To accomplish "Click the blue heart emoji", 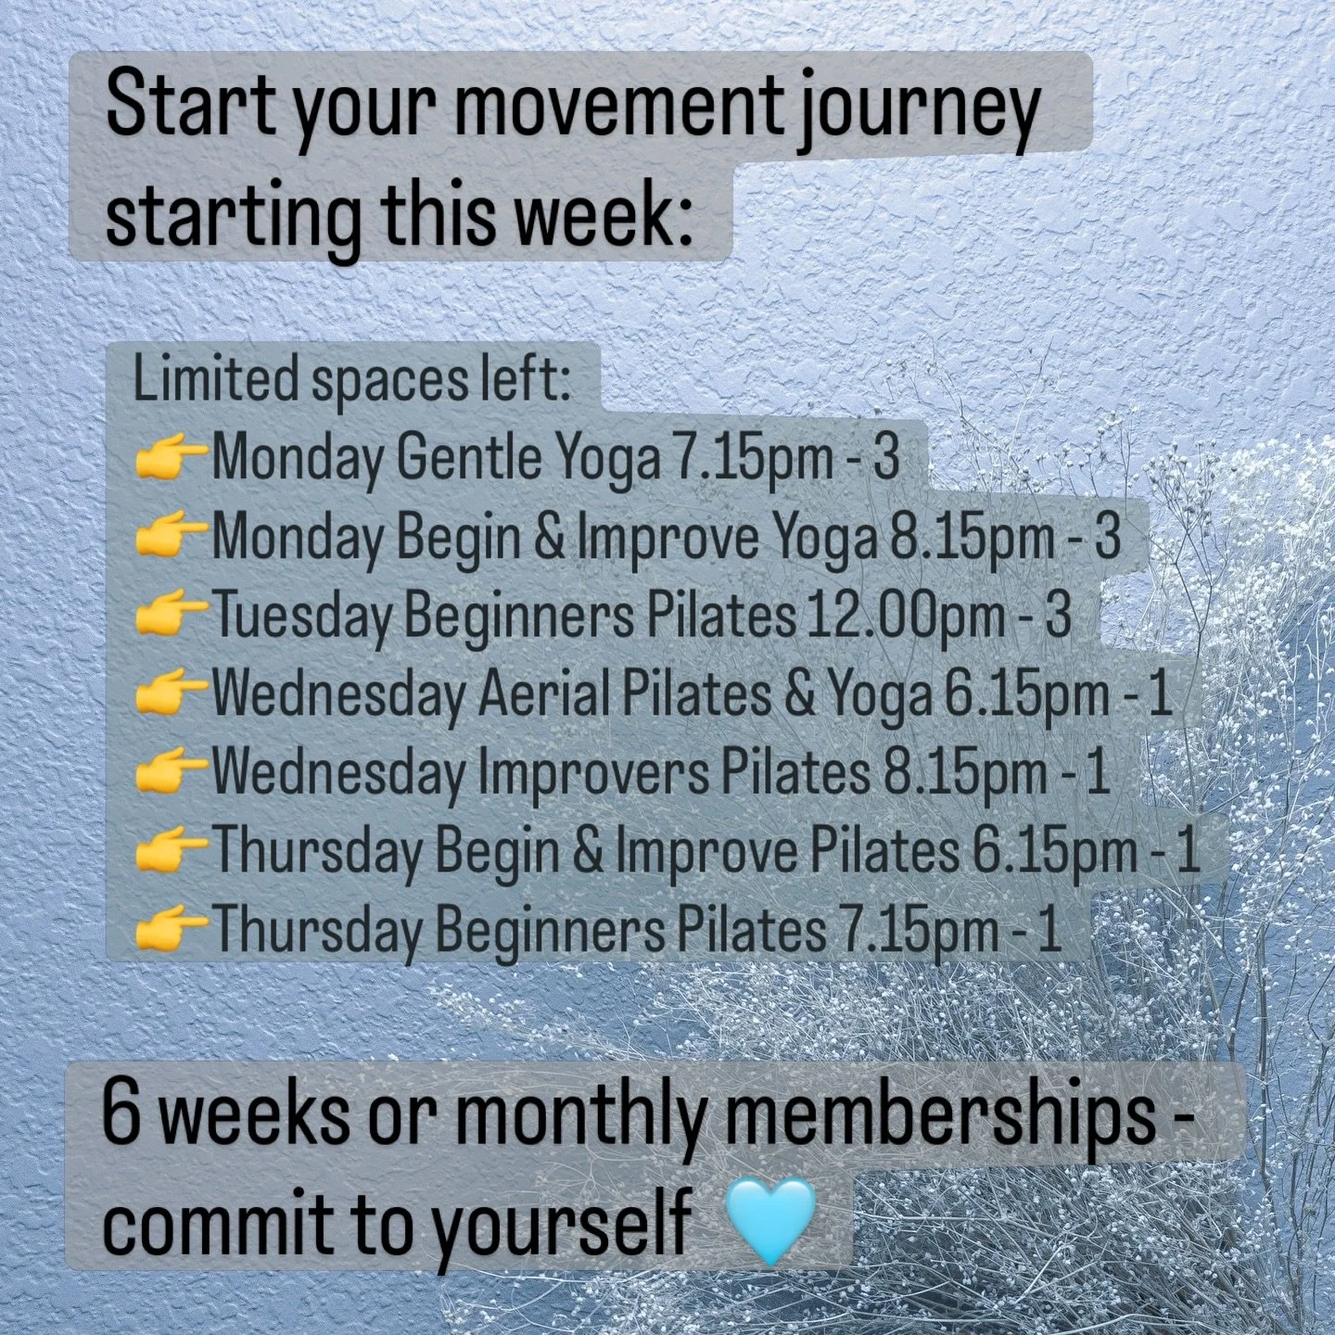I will tap(769, 1222).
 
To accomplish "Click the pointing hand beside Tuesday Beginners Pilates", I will tap(171, 617).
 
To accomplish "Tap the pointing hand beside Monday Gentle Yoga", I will tap(171, 460).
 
